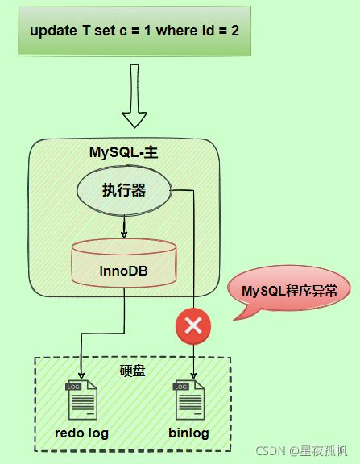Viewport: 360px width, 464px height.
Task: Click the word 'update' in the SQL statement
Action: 51,31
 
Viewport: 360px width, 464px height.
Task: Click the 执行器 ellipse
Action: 123,191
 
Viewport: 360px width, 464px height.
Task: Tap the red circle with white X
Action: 193,326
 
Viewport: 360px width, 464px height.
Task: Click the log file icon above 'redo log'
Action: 81,400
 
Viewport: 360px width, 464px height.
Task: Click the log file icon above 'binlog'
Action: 190,400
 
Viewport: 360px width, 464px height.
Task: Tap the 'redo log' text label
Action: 81,433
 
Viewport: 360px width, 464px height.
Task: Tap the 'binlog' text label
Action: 189,433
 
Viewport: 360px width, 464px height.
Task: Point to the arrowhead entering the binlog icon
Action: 194,375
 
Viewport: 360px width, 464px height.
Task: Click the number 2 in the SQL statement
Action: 240,31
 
